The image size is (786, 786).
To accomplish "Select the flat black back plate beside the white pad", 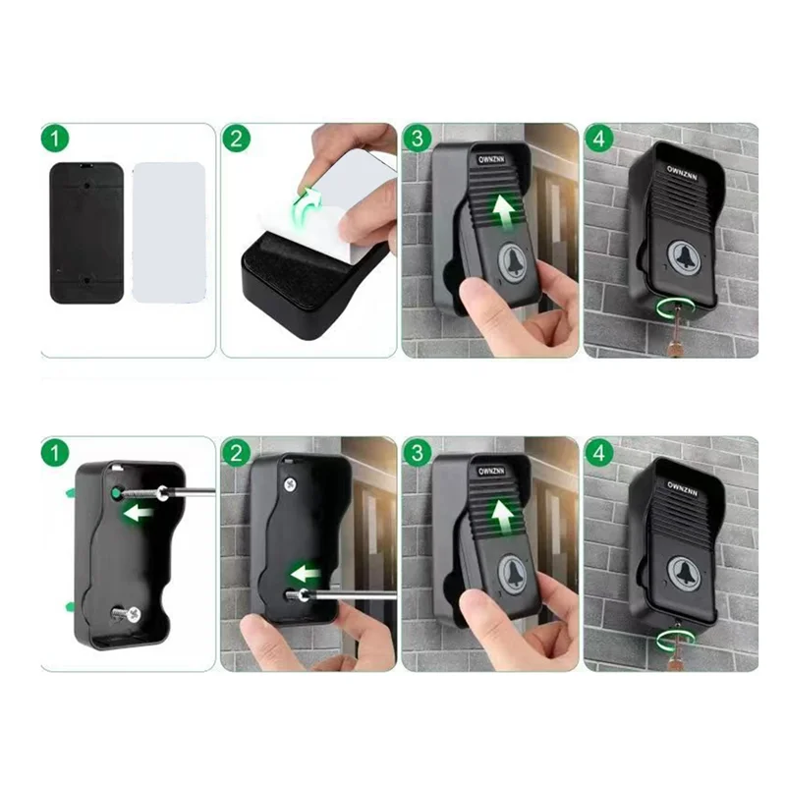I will [86, 232].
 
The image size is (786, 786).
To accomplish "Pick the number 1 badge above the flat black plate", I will [55, 138].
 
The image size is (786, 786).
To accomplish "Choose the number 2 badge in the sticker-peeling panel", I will [236, 138].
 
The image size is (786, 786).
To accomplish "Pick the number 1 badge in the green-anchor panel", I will [55, 453].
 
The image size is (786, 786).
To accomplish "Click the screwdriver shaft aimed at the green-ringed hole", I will [187, 490].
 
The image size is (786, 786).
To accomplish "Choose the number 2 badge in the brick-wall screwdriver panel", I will [236, 453].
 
